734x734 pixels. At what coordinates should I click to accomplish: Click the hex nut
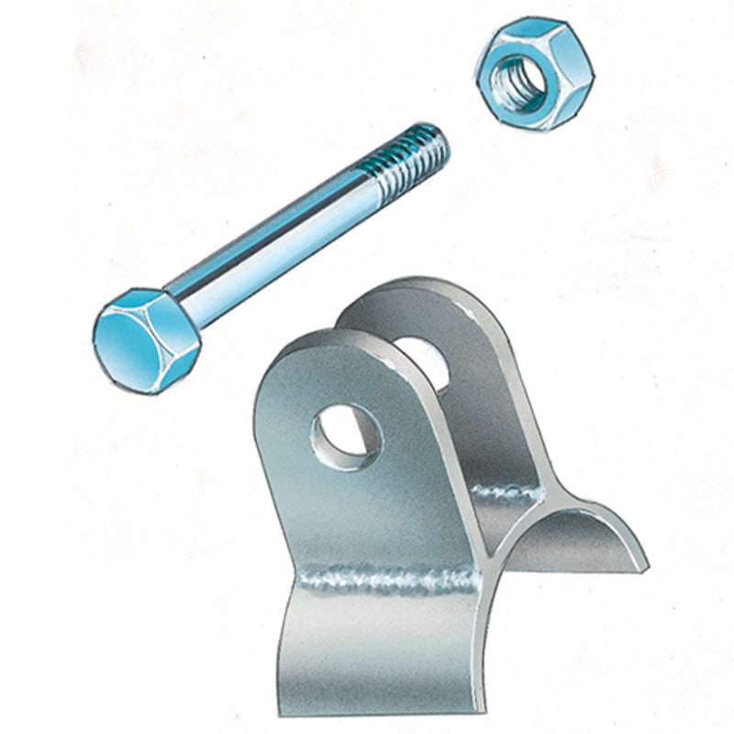[x=526, y=73]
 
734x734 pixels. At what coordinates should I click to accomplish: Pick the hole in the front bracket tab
[x=348, y=432]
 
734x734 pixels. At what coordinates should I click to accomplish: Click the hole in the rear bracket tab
[x=424, y=361]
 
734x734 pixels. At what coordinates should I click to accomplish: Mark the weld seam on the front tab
[x=385, y=578]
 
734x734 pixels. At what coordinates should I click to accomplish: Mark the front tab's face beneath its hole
[x=367, y=514]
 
